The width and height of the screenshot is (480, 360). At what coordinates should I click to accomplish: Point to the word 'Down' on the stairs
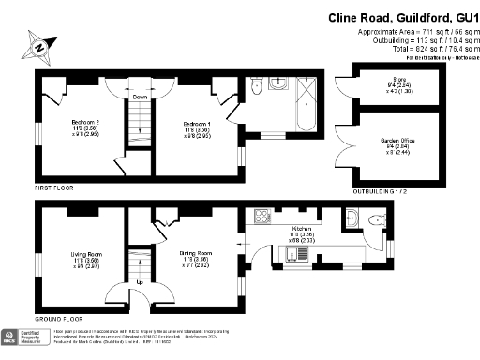[x=139, y=97]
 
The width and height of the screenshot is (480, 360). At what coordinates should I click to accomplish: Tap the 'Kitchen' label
[x=302, y=229]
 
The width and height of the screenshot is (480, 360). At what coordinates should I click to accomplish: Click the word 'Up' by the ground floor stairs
[x=141, y=282]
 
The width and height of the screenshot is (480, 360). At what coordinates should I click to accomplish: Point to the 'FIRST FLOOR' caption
[x=55, y=188]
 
